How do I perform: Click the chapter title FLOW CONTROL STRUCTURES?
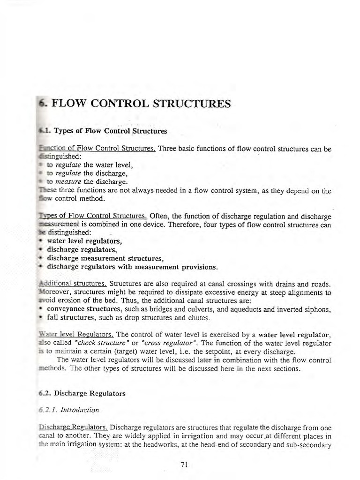pyautogui.click(x=140, y=104)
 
